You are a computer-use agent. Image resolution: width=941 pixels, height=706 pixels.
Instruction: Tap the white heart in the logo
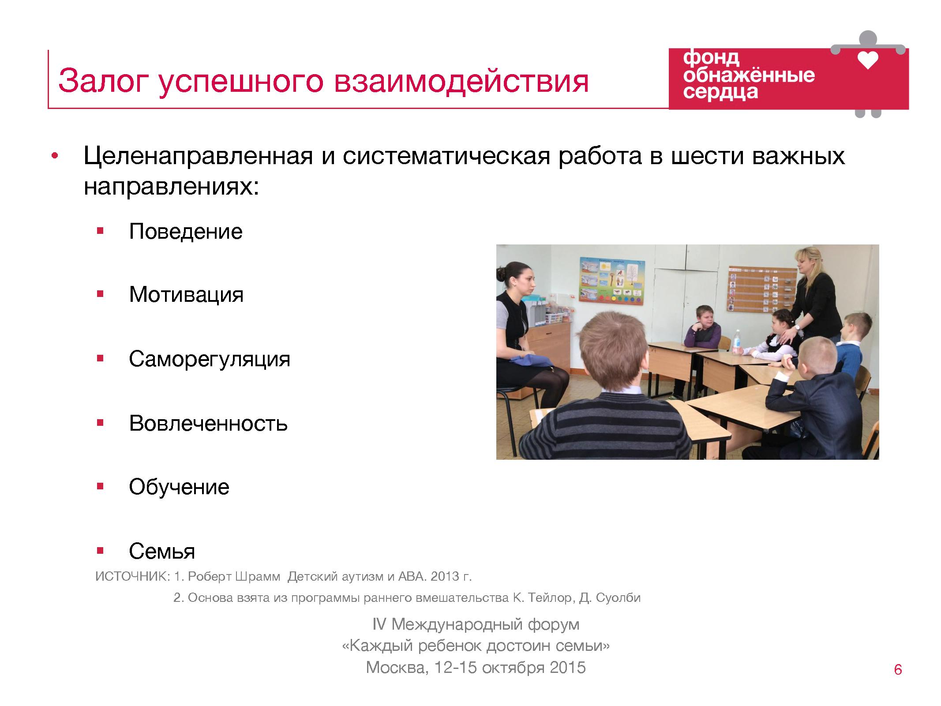pyautogui.click(x=868, y=60)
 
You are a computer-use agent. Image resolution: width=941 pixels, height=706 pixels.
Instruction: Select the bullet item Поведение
pyautogui.click(x=186, y=232)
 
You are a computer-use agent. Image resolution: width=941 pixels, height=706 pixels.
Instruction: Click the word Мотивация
pyautogui.click(x=186, y=295)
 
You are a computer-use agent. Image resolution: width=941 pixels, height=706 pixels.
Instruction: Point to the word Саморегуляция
pyautogui.click(x=210, y=360)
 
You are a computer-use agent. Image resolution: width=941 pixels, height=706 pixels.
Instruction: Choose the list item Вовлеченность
pyautogui.click(x=208, y=424)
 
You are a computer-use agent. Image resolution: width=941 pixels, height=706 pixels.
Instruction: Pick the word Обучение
pyautogui.click(x=179, y=488)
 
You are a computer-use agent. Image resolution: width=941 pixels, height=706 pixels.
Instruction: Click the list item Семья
pyautogui.click(x=162, y=552)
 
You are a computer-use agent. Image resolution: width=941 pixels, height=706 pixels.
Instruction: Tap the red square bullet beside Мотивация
pyautogui.click(x=100, y=294)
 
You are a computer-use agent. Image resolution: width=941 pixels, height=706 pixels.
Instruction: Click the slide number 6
pyautogui.click(x=898, y=670)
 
